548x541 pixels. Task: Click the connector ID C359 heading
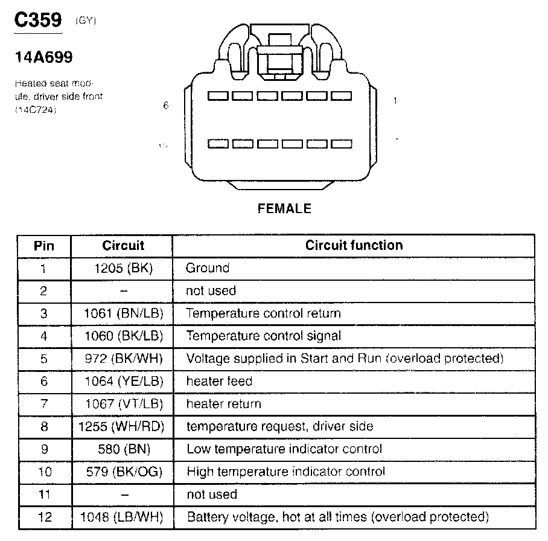[38, 21]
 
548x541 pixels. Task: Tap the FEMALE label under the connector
[284, 209]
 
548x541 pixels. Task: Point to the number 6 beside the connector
[166, 105]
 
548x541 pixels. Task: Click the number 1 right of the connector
[395, 101]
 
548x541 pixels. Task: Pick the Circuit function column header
[354, 246]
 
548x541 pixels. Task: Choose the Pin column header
[43, 246]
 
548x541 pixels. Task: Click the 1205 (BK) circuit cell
[124, 268]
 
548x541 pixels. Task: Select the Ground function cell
[208, 268]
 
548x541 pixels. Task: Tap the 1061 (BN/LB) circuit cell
[124, 313]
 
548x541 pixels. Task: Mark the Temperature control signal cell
[264, 336]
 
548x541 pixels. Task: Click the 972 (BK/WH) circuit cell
[124, 359]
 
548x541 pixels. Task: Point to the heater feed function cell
[219, 381]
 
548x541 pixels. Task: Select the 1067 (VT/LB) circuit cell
[124, 404]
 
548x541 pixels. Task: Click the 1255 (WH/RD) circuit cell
[121, 426]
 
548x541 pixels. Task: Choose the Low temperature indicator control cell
[284, 449]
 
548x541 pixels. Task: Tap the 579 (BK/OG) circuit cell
[124, 472]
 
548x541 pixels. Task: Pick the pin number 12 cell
[43, 517]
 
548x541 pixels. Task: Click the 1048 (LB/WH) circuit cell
[121, 517]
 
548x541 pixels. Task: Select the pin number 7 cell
[43, 404]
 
